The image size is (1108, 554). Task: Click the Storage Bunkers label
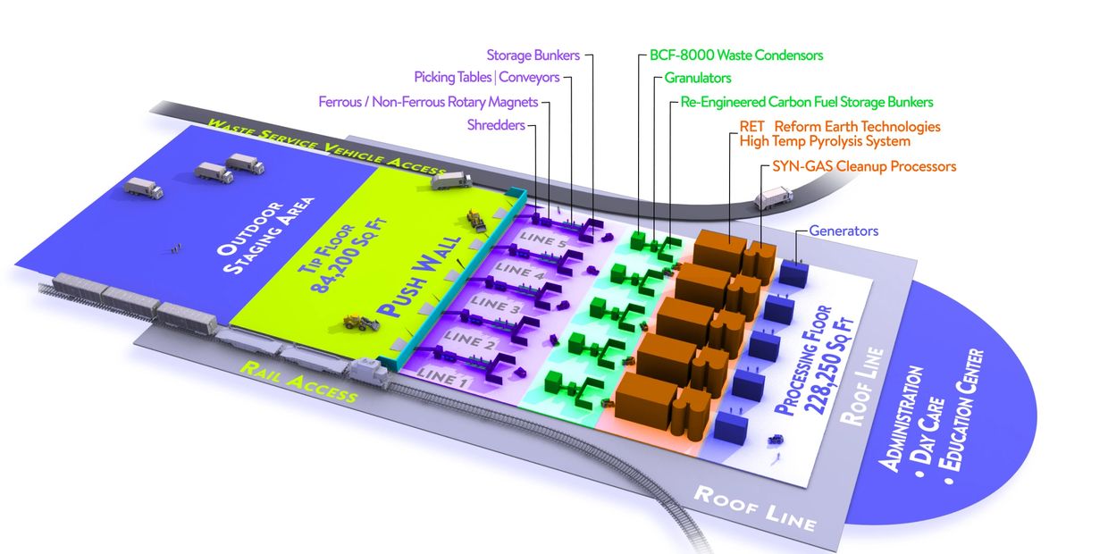[533, 55]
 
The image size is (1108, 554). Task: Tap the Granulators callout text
[698, 79]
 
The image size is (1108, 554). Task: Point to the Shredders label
[496, 125]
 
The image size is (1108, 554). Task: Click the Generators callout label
[844, 231]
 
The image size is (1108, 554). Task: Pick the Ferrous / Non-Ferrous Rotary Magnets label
[429, 102]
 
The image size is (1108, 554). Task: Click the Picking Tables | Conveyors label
[486, 78]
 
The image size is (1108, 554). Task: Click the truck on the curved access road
[773, 198]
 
